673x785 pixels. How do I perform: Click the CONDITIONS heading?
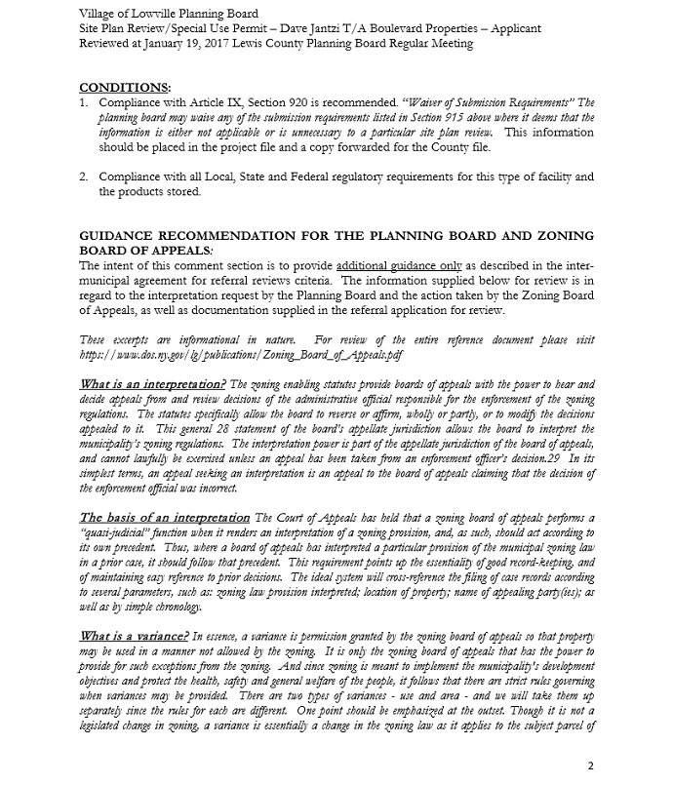[x=123, y=88]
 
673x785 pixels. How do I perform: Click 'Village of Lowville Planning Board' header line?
[x=169, y=14]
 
